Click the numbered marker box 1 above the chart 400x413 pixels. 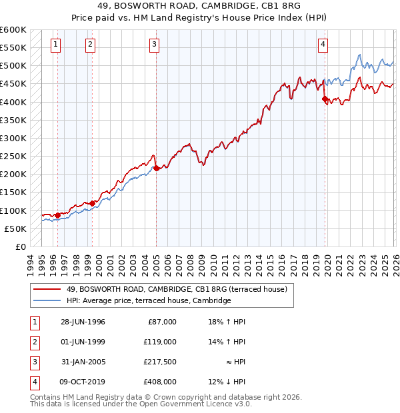pos(55,45)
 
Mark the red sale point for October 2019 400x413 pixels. pos(325,99)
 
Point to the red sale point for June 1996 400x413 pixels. pos(58,215)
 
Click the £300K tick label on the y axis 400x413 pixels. pos(13,139)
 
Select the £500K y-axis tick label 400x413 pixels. pos(13,66)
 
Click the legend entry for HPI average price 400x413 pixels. pos(148,301)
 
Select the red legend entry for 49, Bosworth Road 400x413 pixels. pos(176,289)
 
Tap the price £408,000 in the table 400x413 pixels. pos(160,382)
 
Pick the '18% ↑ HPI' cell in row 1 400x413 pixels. pos(227,322)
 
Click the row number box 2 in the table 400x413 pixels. pos(33,342)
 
